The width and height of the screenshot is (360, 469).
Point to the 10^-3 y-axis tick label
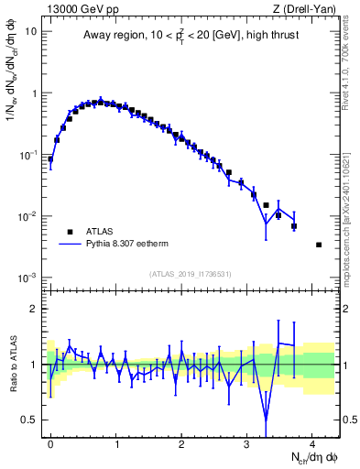[27, 278]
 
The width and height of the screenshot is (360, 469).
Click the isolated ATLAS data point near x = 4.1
[318, 245]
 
